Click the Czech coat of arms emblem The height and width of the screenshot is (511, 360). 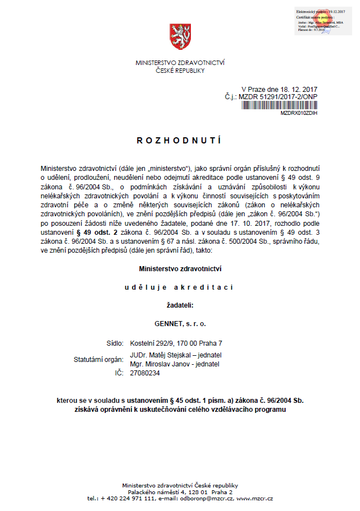click(x=180, y=38)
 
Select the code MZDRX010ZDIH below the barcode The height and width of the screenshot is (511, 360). click(x=299, y=113)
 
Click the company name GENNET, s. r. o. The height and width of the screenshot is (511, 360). click(x=180, y=324)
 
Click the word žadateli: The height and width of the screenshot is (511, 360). click(x=180, y=305)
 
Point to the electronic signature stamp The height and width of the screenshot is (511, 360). click(x=323, y=21)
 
